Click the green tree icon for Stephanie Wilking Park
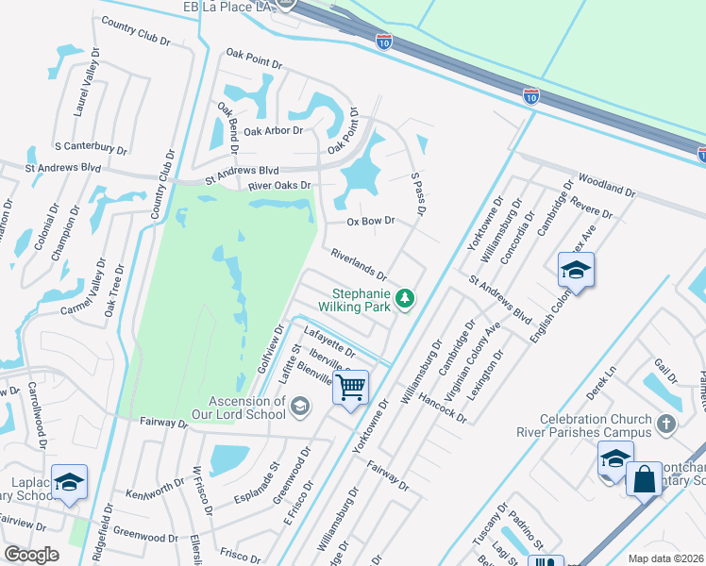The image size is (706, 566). [x=405, y=298]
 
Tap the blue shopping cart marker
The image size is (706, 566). [x=350, y=388]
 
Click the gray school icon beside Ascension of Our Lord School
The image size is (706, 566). [x=300, y=407]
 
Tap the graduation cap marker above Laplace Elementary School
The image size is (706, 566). [x=70, y=482]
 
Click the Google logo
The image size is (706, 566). [x=31, y=555]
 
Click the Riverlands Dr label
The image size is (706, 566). [x=359, y=264]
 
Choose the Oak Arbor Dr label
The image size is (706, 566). [x=273, y=131]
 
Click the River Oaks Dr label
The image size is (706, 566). [x=279, y=186]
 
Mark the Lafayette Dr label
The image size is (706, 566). [x=329, y=340]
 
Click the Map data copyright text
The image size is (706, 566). [x=666, y=558]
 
